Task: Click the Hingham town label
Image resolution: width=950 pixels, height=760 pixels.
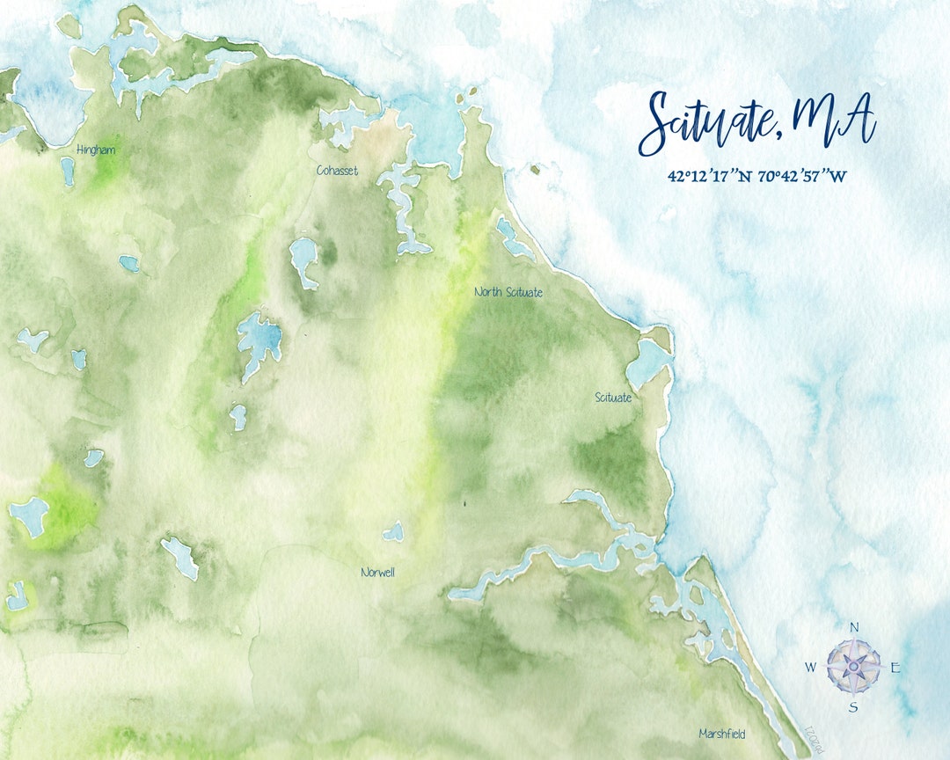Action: [x=96, y=150]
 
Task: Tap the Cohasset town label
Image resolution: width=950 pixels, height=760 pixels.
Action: [x=337, y=171]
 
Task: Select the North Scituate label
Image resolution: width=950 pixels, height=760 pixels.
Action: [x=508, y=292]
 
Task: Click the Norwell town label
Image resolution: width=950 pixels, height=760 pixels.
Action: [x=377, y=573]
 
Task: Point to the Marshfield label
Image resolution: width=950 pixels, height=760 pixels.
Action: [x=723, y=733]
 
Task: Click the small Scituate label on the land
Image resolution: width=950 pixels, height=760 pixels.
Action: [x=613, y=398]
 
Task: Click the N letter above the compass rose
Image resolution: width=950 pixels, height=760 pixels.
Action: [x=853, y=627]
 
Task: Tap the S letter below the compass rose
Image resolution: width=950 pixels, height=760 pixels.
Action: [x=852, y=707]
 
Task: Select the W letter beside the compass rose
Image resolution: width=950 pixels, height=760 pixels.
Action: [x=810, y=668]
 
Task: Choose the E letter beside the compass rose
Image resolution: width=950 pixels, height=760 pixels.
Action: [x=895, y=668]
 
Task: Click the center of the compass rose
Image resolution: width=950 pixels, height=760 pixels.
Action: [x=853, y=667]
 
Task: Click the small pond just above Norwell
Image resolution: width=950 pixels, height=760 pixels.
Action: [x=393, y=532]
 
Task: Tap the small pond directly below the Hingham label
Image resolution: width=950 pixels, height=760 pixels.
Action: [x=68, y=171]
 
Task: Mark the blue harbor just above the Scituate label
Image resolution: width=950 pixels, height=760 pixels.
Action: [x=649, y=362]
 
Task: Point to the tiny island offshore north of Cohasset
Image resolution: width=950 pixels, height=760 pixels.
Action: [x=471, y=90]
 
